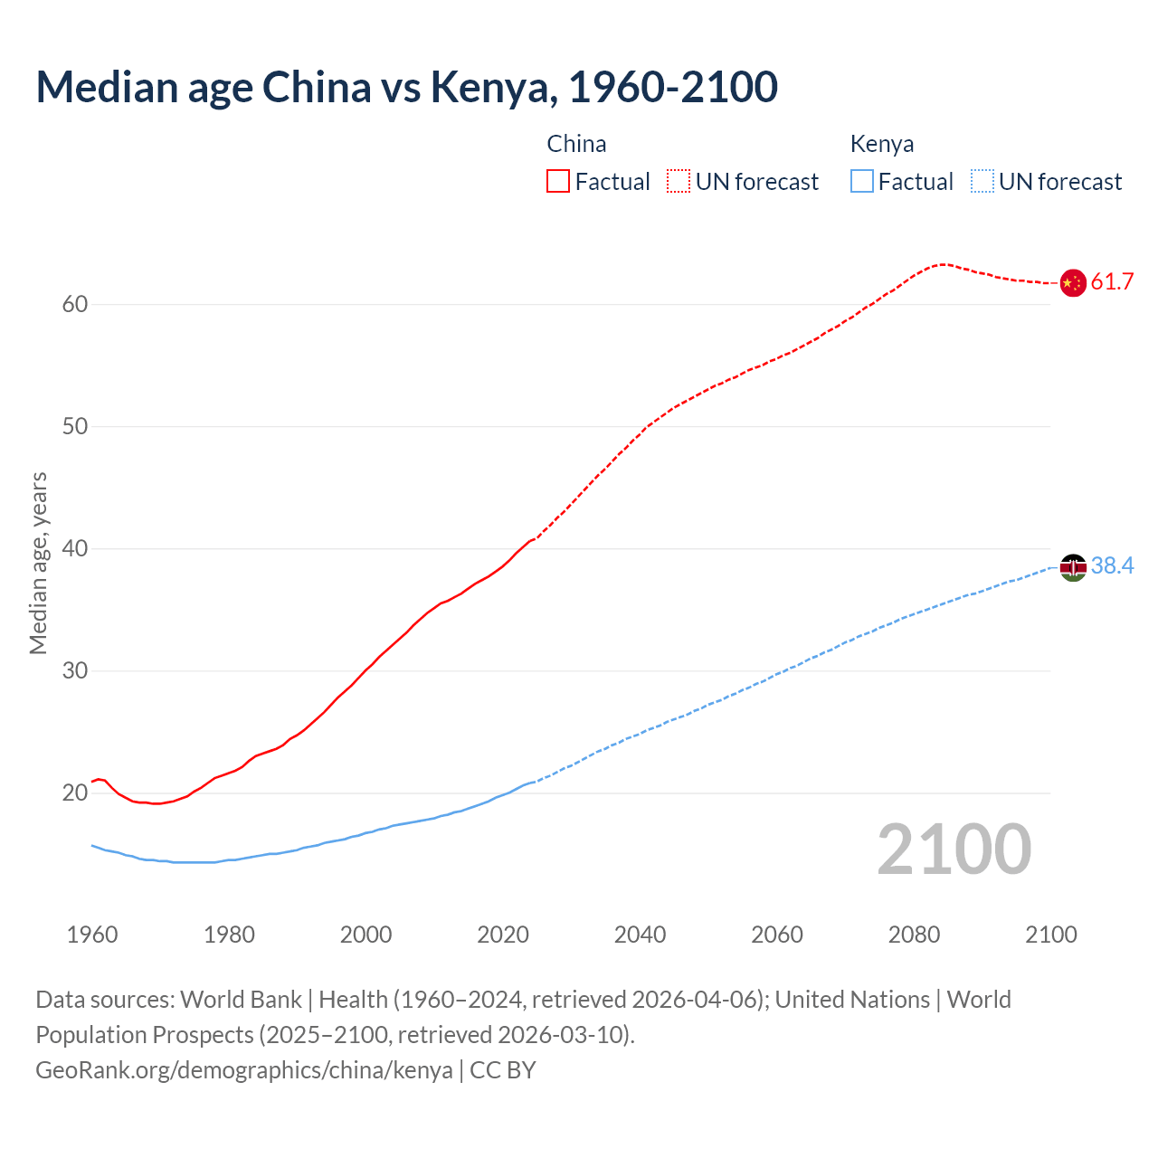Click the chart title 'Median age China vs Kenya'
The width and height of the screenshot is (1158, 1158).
pos(406,87)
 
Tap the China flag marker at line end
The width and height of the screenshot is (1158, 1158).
pos(1072,282)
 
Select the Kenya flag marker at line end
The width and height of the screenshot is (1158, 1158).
pos(1072,567)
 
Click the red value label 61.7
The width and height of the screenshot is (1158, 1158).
pos(1112,282)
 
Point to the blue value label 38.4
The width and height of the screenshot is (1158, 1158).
pos(1112,566)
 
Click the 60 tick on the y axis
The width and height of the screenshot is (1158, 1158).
pos(75,305)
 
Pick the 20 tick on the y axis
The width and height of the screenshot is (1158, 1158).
pos(75,793)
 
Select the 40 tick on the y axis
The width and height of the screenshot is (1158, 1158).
pos(75,549)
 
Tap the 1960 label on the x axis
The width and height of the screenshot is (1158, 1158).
pos(92,935)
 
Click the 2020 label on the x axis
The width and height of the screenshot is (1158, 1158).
pos(503,935)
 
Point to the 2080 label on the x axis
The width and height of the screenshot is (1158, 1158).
pos(914,935)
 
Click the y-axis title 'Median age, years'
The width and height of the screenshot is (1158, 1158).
pos(38,563)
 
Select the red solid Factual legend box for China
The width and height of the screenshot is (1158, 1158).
pos(558,182)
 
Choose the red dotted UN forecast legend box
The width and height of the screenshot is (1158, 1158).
pos(679,182)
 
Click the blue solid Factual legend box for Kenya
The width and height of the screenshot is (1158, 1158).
pos(861,182)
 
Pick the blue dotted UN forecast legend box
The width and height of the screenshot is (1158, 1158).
pos(982,182)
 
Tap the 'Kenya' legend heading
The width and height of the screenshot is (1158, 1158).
pos(881,144)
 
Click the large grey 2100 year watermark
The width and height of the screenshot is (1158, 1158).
pos(954,850)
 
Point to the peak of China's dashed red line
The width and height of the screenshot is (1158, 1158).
pos(943,264)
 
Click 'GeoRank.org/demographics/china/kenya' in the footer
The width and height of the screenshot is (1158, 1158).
pos(244,1070)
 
